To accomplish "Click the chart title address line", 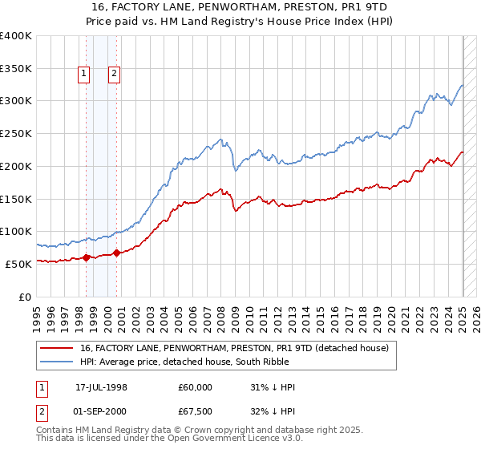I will pyautogui.click(x=240, y=8).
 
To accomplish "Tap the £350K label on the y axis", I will pyautogui.click(x=16, y=68).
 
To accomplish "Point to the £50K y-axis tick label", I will pyautogui.click(x=18, y=264).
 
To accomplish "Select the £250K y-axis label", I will pyautogui.click(x=16, y=133).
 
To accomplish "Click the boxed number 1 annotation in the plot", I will pyautogui.click(x=83, y=75).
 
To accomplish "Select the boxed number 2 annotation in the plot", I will pyautogui.click(x=115, y=75).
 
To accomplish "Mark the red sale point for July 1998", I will pyautogui.click(x=87, y=257).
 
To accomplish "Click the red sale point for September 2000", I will pyautogui.click(x=117, y=253).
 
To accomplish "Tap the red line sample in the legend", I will pyautogui.click(x=57, y=348).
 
